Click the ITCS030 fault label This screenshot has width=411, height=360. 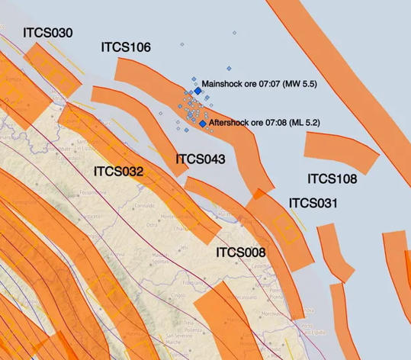click(x=47, y=33)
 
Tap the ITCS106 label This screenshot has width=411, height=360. click(x=125, y=47)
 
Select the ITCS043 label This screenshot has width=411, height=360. click(x=201, y=159)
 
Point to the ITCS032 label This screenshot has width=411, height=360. click(x=118, y=172)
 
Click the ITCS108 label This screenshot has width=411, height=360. click(x=332, y=179)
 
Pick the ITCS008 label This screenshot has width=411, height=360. click(x=240, y=252)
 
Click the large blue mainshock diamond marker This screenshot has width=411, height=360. click(x=198, y=91)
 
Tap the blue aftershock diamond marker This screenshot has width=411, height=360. click(x=202, y=123)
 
